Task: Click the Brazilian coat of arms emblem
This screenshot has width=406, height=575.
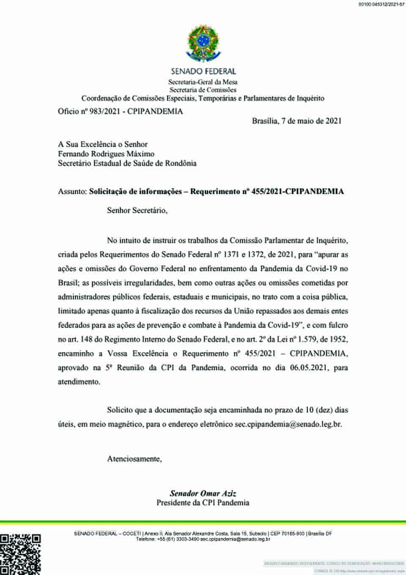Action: point(203,43)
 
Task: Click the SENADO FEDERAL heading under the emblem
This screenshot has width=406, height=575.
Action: point(203,72)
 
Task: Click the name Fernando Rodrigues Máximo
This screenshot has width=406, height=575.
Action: point(106,154)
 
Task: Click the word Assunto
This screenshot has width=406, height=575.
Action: point(72,191)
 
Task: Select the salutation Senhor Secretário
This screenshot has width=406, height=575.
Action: point(137,210)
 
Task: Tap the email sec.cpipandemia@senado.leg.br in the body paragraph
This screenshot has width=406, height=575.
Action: point(288,424)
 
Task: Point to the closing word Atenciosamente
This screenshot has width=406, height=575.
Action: point(134,459)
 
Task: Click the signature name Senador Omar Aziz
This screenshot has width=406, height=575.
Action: point(203,493)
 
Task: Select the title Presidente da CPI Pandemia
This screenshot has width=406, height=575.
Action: point(203,503)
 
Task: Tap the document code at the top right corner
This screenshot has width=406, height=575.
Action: point(381,4)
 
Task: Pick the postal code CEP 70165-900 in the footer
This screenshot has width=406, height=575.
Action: point(287,534)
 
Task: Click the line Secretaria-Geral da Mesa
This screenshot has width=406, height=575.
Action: point(203,82)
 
